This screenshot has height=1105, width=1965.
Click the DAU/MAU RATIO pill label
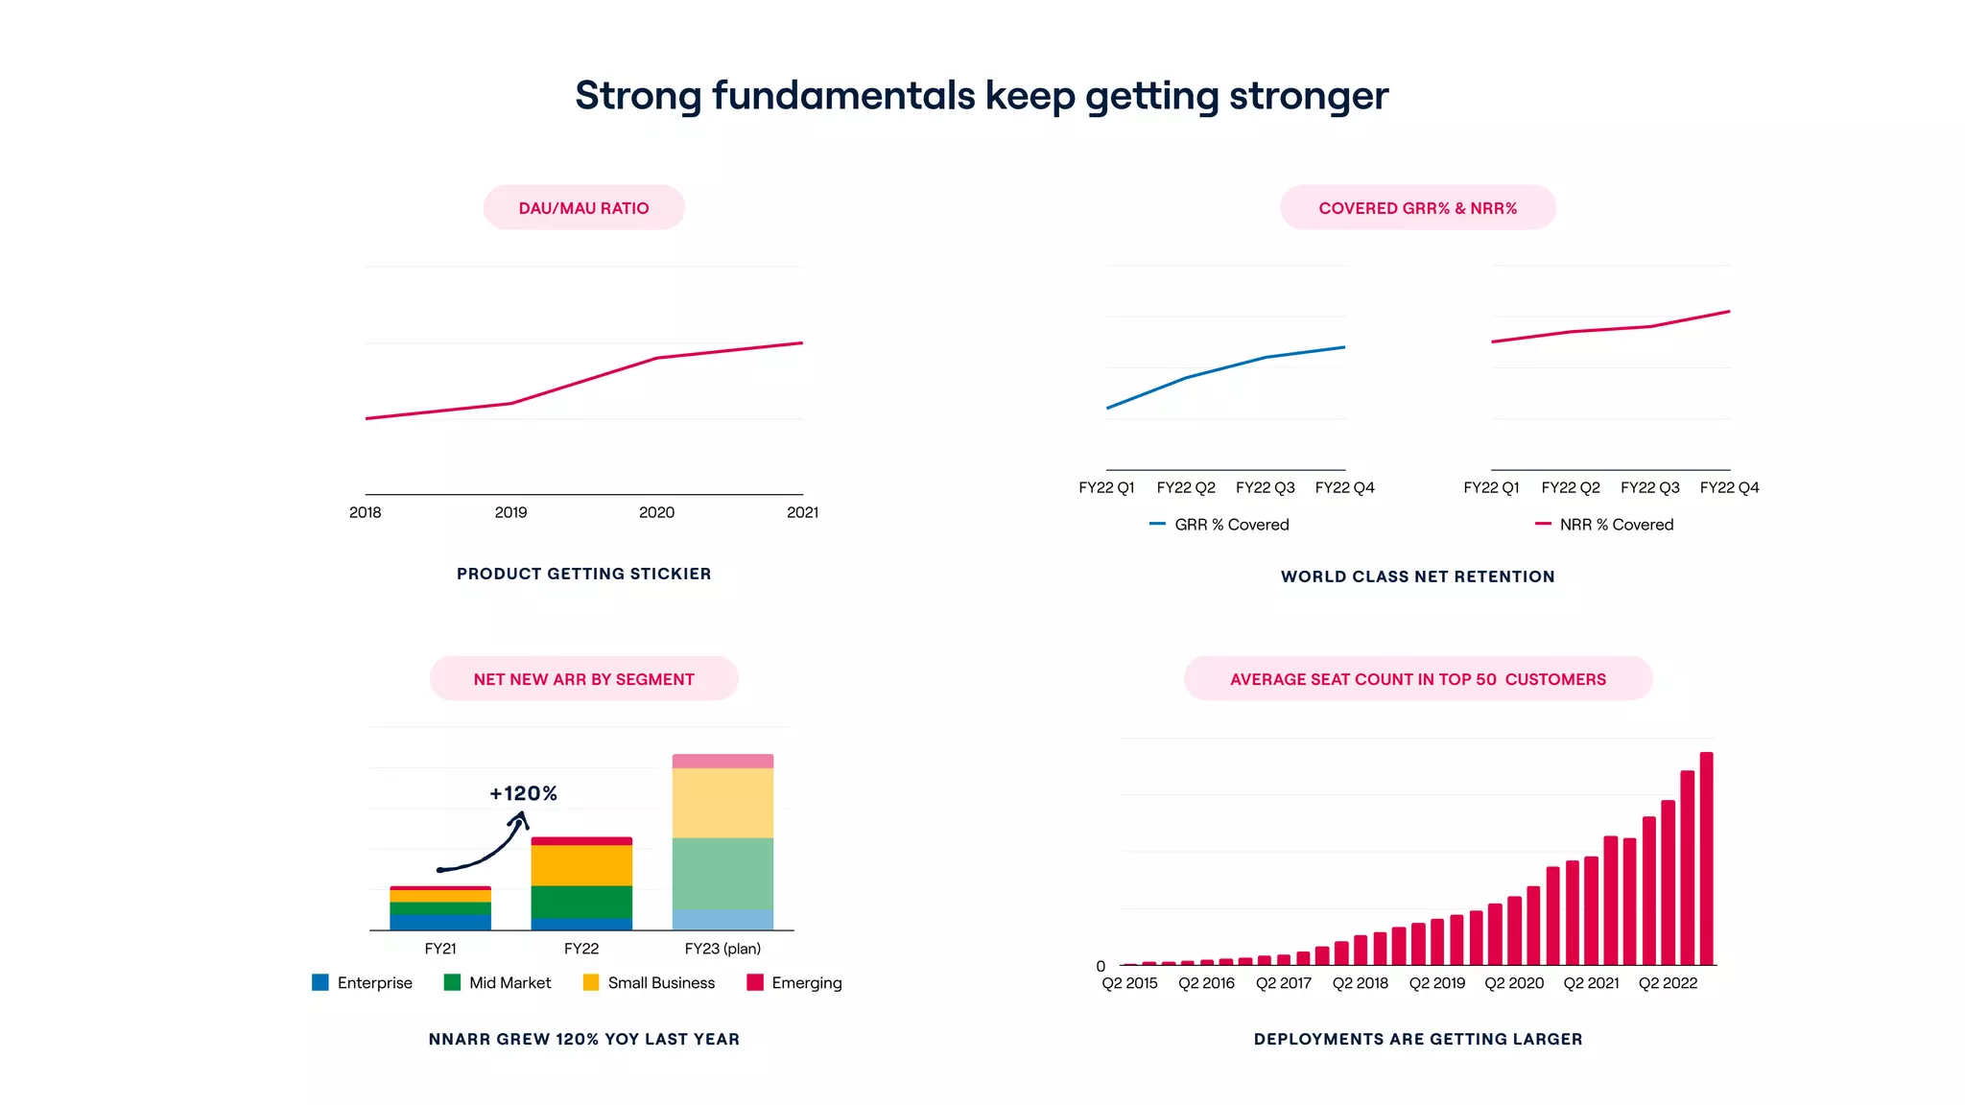pyautogui.click(x=583, y=208)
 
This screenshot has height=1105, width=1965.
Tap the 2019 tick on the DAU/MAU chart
pyautogui.click(x=510, y=512)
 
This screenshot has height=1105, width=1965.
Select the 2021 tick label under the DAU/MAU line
pyautogui.click(x=802, y=512)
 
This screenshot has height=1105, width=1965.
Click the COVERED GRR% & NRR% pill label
pyautogui.click(x=1417, y=208)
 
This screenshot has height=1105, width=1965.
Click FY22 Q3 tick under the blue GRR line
pyautogui.click(x=1265, y=487)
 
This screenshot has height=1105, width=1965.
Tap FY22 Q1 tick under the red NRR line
pyautogui.click(x=1491, y=487)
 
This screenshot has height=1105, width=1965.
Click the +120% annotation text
pyautogui.click(x=523, y=793)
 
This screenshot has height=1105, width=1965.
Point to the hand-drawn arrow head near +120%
pyautogui.click(x=521, y=817)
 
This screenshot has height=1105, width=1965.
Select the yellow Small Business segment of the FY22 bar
pyautogui.click(x=581, y=865)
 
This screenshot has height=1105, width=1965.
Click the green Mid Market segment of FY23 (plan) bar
pyautogui.click(x=722, y=873)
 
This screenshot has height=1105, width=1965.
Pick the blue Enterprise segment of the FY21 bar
pyautogui.click(x=440, y=922)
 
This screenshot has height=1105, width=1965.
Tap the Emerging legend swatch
pyautogui.click(x=755, y=982)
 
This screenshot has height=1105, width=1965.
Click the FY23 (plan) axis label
pyautogui.click(x=722, y=949)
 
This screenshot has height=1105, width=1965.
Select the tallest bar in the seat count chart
pyautogui.click(x=1706, y=858)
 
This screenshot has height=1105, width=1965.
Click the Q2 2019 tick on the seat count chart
pyautogui.click(x=1436, y=983)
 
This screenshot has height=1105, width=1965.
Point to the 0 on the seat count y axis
pyautogui.click(x=1101, y=966)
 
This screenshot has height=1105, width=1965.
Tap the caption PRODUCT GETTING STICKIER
pyautogui.click(x=583, y=574)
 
